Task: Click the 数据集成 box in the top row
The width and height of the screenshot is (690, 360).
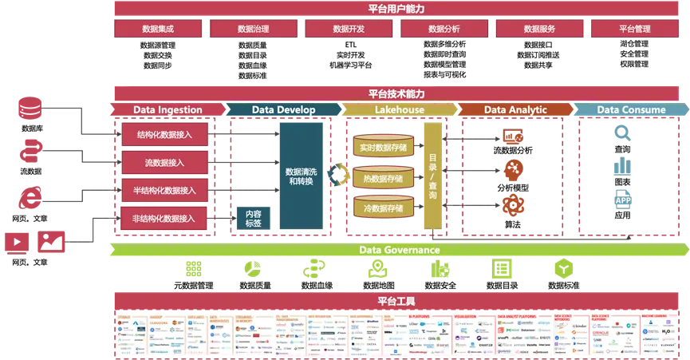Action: point(158,29)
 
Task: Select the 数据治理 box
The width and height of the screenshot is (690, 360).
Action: point(253,29)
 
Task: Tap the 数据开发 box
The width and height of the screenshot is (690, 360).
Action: point(349,29)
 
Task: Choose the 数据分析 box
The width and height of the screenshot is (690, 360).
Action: point(444,29)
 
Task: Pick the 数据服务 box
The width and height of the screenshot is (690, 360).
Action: point(539,29)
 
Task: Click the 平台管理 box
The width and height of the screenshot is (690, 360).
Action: point(635,29)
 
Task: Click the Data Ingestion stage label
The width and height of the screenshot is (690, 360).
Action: point(168,110)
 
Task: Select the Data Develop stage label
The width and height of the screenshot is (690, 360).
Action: point(283,110)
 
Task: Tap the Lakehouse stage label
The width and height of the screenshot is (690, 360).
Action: point(399,110)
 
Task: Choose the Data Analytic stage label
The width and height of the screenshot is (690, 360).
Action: point(515,110)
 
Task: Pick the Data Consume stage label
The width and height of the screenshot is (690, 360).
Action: point(631,110)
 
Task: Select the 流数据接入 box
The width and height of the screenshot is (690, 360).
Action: point(165,162)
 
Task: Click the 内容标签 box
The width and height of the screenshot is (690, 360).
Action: point(253,218)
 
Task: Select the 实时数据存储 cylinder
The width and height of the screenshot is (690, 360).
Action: point(383,147)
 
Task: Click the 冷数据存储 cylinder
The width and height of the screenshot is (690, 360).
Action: point(383,208)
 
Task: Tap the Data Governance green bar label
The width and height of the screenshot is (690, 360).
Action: point(399,250)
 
